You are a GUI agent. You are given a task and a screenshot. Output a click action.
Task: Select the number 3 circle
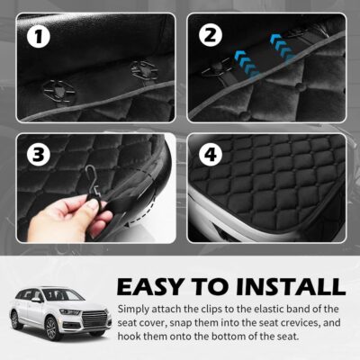point(38,154)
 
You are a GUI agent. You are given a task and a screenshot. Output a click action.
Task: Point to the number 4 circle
point(210,154)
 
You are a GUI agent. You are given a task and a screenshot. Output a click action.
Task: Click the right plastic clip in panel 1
point(141,69)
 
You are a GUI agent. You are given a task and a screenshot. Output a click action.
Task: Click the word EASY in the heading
point(157,288)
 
